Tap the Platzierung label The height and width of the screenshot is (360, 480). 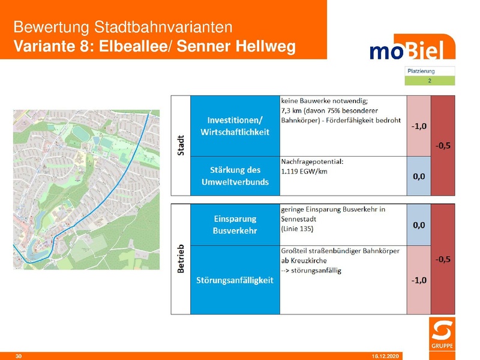click(x=421, y=71)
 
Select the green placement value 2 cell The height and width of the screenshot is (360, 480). click(x=430, y=80)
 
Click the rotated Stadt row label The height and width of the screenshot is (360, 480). click(x=181, y=145)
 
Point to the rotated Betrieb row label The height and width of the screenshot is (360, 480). click(x=181, y=259)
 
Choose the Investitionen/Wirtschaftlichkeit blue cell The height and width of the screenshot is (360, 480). click(x=235, y=125)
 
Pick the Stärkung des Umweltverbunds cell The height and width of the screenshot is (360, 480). click(x=235, y=176)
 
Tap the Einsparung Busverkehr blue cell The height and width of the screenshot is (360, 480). click(x=235, y=224)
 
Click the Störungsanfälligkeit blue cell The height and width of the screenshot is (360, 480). click(x=235, y=280)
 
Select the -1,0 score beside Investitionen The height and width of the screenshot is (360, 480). click(x=419, y=127)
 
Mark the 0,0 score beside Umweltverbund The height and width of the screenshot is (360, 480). click(x=419, y=176)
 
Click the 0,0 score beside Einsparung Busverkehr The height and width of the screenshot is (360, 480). click(x=419, y=225)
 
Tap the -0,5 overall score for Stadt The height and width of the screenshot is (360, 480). click(x=443, y=145)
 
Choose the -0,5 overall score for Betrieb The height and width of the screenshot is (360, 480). click(x=443, y=259)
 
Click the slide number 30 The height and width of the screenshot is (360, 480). click(x=18, y=356)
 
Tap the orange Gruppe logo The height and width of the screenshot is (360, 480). click(x=443, y=335)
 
